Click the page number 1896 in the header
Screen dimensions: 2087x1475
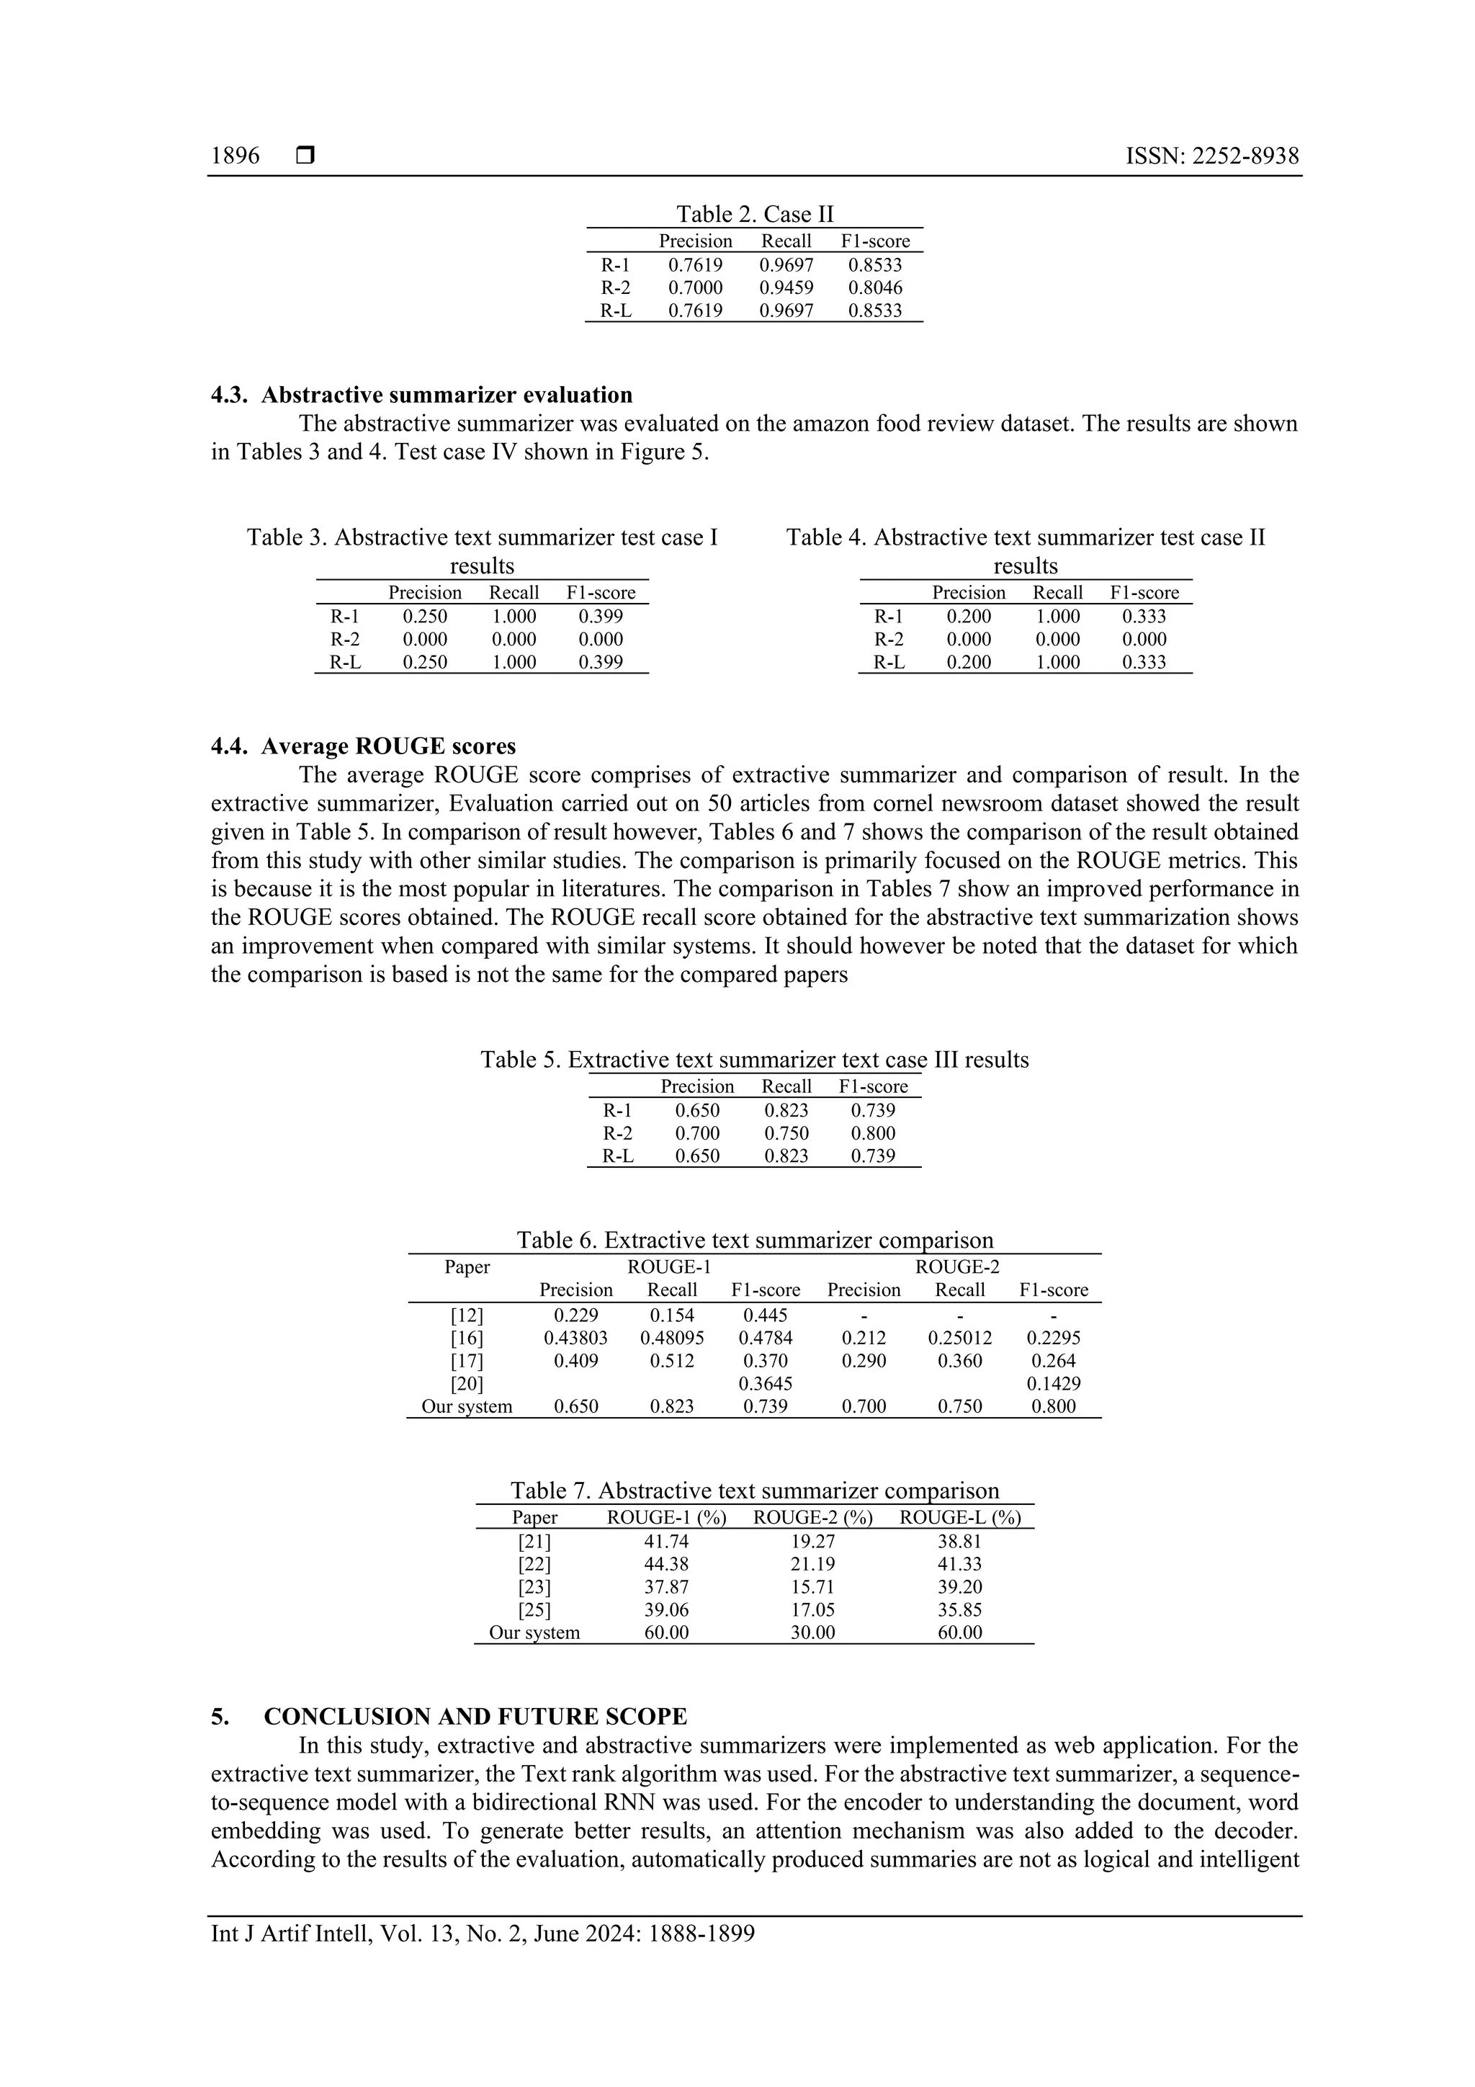coord(235,156)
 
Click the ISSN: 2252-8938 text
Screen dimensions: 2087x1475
coord(1211,156)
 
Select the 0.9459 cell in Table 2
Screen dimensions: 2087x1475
coord(786,287)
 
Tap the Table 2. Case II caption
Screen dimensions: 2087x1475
coord(754,214)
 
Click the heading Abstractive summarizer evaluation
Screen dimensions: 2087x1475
coord(447,395)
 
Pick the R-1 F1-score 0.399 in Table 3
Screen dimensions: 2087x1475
coord(601,615)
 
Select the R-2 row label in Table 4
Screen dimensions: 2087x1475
coord(889,639)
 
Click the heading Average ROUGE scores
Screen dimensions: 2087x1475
coord(388,746)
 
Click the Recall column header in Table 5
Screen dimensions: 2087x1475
coord(786,1086)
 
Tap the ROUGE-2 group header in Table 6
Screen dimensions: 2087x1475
coord(957,1267)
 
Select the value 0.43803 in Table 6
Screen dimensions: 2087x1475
coord(575,1338)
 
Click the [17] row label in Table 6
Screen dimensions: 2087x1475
coord(467,1361)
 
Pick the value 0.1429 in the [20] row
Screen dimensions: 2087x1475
coord(1053,1383)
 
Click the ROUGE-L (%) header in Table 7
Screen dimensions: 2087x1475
coord(960,1517)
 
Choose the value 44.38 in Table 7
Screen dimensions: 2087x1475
coord(665,1563)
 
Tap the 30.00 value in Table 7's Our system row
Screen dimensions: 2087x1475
coord(812,1632)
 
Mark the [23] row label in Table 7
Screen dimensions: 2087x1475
coord(534,1586)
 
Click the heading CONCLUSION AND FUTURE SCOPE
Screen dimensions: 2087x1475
coord(475,1716)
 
